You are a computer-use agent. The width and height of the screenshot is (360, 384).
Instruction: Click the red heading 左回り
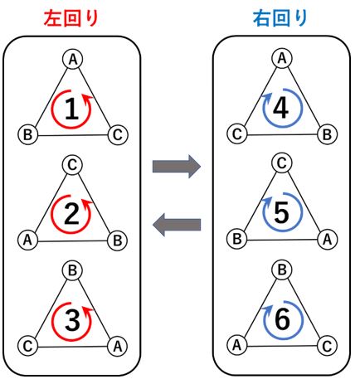click(71, 19)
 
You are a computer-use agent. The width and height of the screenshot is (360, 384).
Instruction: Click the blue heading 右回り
click(280, 19)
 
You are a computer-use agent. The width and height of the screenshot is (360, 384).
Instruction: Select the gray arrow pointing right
click(177, 167)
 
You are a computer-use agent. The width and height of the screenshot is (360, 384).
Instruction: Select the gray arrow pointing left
click(177, 225)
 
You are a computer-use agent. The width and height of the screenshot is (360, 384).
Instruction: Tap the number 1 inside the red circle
click(72, 109)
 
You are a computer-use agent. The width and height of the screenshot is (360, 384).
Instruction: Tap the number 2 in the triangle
click(71, 214)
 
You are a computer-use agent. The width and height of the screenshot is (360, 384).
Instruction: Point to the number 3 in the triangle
click(72, 320)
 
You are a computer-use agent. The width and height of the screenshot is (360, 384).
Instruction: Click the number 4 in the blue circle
click(281, 109)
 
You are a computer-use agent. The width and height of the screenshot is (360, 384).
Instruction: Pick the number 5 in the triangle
click(281, 212)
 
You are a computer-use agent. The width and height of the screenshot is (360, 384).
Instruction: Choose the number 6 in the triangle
click(282, 319)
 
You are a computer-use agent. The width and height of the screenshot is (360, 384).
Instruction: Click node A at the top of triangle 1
click(72, 60)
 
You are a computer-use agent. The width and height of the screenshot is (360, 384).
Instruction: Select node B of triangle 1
click(27, 135)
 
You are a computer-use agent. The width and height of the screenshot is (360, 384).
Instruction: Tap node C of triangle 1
click(118, 135)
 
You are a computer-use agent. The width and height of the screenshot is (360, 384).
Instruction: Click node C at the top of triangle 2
click(72, 165)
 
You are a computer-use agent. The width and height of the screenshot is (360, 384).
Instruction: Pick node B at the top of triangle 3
click(72, 270)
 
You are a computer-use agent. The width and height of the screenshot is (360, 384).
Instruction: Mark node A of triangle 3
click(118, 346)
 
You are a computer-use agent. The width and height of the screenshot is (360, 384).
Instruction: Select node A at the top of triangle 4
click(282, 58)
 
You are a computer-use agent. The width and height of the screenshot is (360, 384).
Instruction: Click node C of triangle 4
click(237, 134)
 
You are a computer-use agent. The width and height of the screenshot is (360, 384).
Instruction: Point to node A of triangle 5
click(327, 239)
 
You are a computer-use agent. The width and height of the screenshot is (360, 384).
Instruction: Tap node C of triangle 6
click(327, 346)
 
